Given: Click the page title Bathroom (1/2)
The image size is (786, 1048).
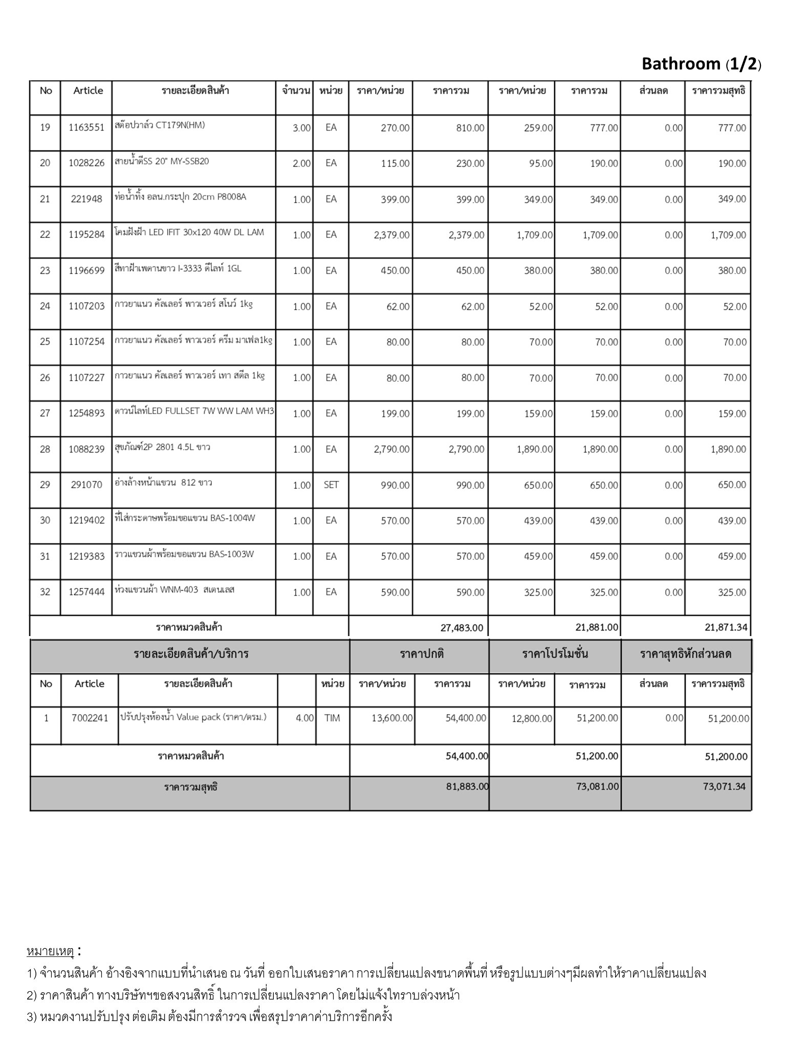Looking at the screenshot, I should click(x=701, y=63).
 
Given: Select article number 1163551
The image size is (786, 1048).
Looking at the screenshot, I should click(x=86, y=127).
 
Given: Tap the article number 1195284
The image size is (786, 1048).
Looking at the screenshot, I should click(x=86, y=234).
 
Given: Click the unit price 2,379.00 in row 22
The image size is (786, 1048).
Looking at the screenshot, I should click(x=391, y=235).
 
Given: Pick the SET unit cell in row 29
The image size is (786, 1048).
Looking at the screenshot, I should click(x=331, y=485).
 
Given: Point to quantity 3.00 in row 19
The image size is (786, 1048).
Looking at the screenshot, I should click(x=301, y=128).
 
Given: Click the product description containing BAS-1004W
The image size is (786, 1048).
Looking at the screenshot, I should click(x=185, y=518).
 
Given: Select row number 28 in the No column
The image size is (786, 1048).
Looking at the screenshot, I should click(x=45, y=449).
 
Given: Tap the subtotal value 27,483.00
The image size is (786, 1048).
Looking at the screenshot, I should click(x=462, y=627).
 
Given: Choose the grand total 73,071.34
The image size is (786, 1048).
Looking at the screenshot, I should click(x=724, y=787).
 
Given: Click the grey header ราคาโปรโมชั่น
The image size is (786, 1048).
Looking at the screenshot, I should click(x=555, y=653).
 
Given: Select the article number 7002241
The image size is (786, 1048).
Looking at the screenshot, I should click(x=90, y=718).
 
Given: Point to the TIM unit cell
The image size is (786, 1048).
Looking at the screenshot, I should click(x=332, y=718).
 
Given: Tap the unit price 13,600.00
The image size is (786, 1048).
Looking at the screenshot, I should click(x=391, y=718).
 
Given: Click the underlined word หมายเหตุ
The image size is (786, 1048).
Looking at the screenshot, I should click(x=50, y=952).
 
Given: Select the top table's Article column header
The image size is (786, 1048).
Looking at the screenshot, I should click(x=88, y=91).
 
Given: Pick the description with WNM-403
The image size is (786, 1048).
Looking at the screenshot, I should click(x=174, y=589).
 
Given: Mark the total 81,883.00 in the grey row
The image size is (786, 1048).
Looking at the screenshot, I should click(x=467, y=787).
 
